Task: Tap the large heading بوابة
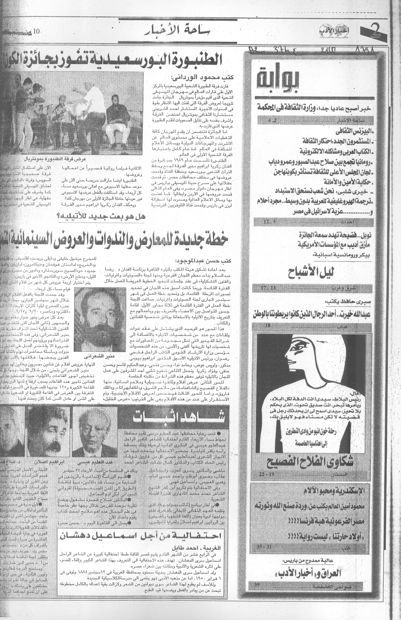tap(278, 78)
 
